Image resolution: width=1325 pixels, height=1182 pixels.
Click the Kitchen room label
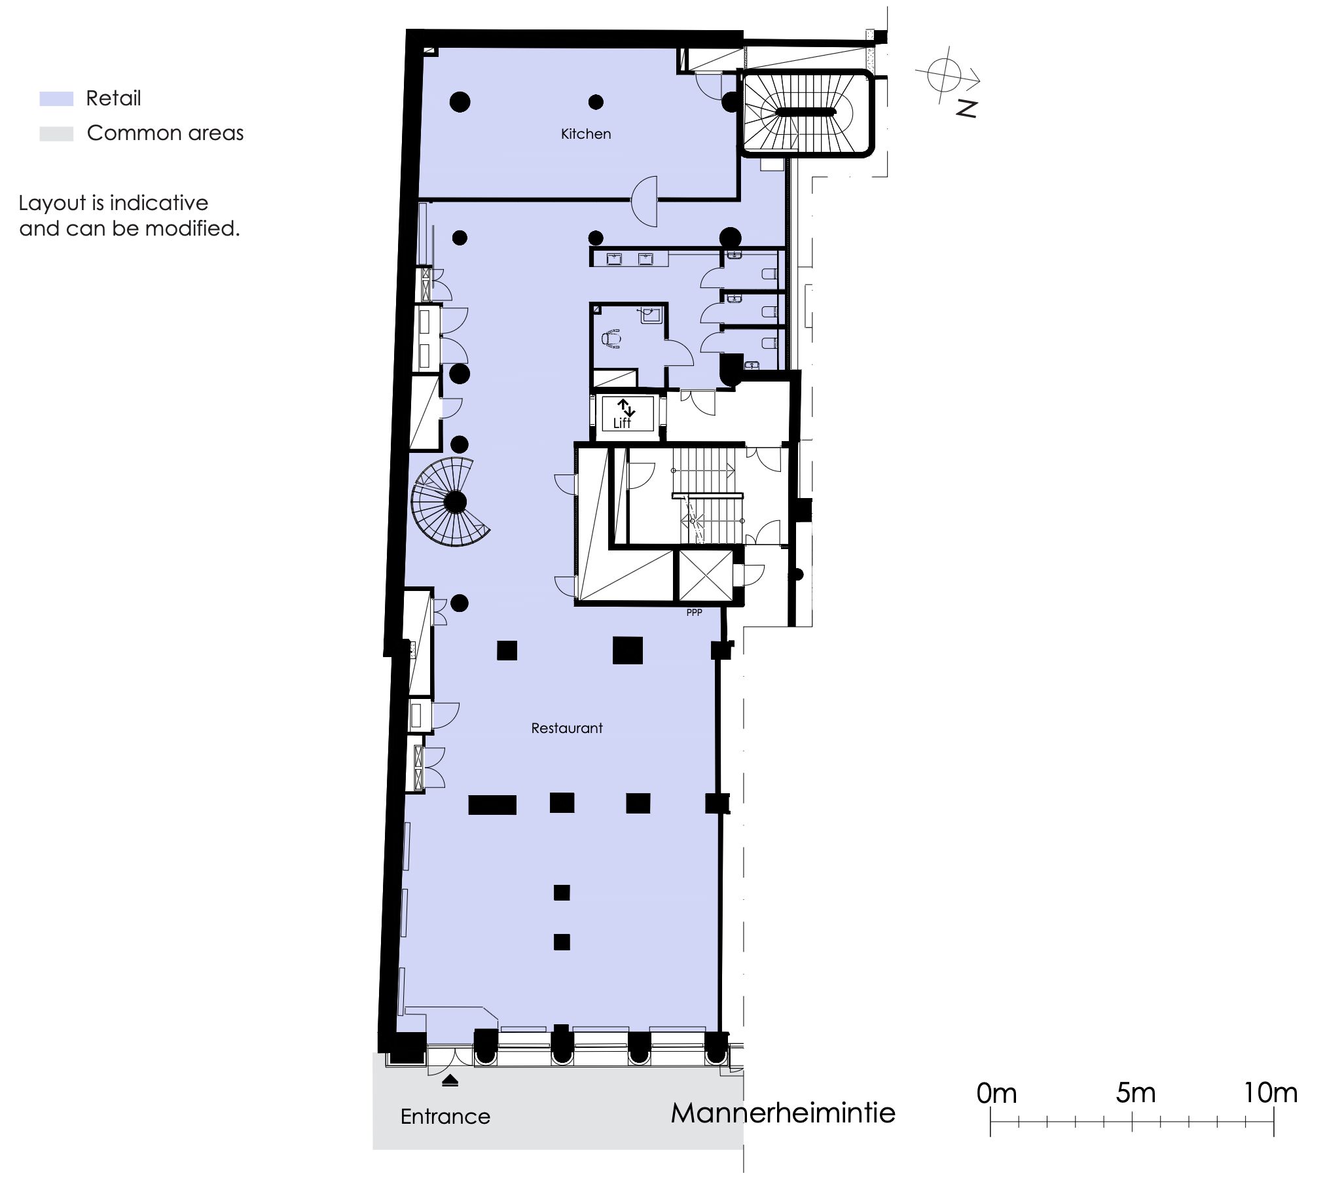click(586, 134)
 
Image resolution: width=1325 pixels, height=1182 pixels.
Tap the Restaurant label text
click(567, 728)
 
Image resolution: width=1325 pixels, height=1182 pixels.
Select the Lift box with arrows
click(627, 413)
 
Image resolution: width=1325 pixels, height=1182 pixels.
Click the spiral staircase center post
click(454, 503)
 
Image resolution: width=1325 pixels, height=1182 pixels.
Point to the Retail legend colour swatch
click(56, 99)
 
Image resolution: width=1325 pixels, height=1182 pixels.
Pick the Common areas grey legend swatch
click(56, 134)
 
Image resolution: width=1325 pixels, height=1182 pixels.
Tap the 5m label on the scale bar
click(1136, 1092)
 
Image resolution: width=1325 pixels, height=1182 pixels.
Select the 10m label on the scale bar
click(1270, 1092)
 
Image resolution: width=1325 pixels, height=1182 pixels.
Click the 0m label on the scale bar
click(996, 1093)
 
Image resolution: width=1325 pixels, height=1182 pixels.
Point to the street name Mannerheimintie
click(783, 1113)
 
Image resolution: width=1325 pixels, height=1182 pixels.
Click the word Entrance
click(445, 1116)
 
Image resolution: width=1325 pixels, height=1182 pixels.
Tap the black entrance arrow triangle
click(450, 1081)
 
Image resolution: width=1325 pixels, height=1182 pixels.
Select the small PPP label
click(694, 613)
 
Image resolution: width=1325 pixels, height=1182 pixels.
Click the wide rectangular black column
click(492, 804)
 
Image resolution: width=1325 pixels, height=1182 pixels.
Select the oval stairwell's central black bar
click(806, 112)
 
